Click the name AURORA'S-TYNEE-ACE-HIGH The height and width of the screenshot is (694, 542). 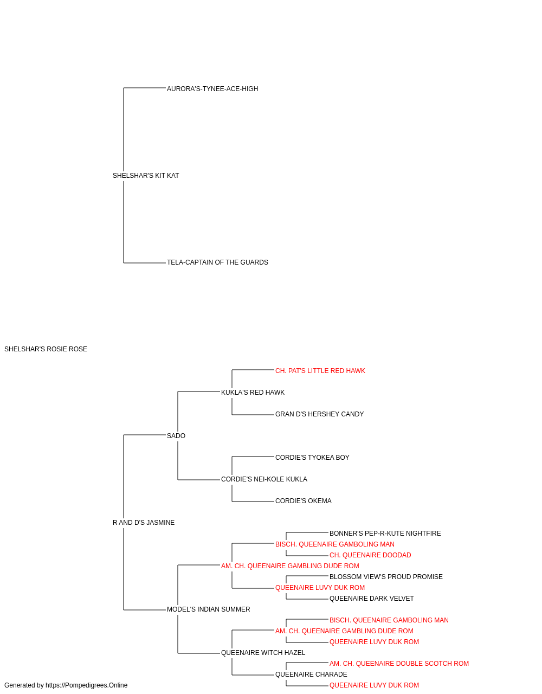coord(212,89)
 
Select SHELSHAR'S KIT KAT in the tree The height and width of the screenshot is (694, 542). coord(146,176)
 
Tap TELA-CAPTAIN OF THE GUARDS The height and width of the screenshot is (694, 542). coord(217,262)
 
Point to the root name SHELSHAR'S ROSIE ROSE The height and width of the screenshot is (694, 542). coord(46,349)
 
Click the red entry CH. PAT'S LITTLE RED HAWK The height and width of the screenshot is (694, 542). coord(320,371)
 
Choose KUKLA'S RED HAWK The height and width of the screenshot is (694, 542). coord(253,393)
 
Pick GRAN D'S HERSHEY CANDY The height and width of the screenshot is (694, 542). coord(320,415)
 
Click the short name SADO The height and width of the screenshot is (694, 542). coord(176,436)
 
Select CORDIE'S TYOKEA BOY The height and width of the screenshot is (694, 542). coord(312,458)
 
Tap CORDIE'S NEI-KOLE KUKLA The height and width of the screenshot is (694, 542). coord(264,480)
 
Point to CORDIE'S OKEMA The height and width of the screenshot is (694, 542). coord(303,502)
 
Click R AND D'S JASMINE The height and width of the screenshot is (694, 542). coord(144,523)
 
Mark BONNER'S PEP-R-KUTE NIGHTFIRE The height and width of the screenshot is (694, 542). coord(385,534)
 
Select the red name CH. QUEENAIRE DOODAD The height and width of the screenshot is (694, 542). coord(370,556)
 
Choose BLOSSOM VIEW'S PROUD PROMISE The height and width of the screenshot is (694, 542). coord(386,577)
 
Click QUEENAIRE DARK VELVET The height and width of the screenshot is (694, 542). coord(372,599)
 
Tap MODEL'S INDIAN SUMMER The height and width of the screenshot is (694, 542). coord(209,610)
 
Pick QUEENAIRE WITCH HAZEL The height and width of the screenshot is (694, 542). coord(263,653)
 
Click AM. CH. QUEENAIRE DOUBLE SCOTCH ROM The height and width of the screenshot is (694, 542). coord(399,664)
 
